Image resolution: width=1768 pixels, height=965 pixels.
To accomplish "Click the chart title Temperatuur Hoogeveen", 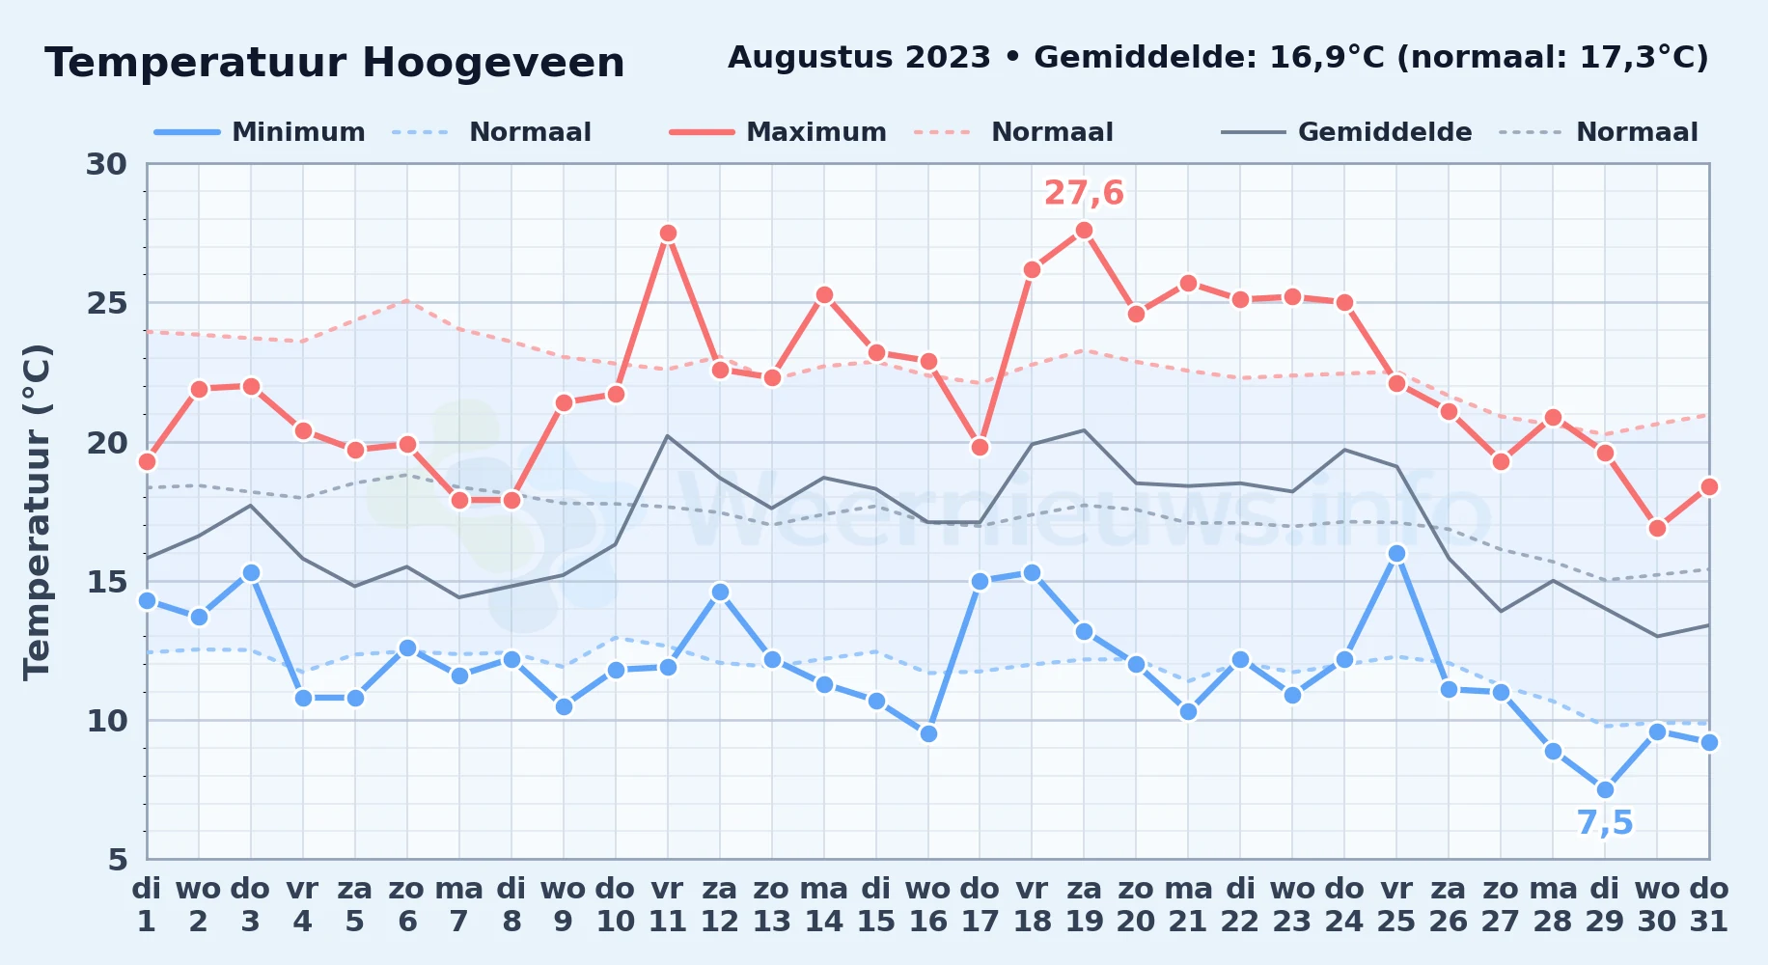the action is [x=335, y=64].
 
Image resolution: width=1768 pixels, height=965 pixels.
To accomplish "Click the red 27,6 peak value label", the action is [x=1084, y=193].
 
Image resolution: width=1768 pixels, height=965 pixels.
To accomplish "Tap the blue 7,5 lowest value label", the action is [x=1605, y=823].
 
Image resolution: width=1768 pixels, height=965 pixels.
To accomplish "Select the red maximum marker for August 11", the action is [x=668, y=234].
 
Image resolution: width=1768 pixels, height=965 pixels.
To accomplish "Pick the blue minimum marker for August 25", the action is [x=1396, y=554].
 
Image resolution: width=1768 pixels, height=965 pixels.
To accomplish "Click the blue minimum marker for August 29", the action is [x=1605, y=790].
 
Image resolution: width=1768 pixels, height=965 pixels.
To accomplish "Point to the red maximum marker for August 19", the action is [x=1084, y=231].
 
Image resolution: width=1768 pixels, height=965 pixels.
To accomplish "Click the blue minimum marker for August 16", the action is [x=928, y=734].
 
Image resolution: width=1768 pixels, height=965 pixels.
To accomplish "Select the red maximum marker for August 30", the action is [x=1657, y=529].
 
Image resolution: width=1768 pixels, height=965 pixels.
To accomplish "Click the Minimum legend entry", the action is [x=261, y=132].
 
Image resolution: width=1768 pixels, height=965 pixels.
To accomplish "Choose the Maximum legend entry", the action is [x=779, y=132].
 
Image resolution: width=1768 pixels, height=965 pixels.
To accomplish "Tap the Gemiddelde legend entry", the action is [x=1347, y=132].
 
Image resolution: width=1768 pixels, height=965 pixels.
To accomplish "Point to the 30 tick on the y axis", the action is [x=107, y=164].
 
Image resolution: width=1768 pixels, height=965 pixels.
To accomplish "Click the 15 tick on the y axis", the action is [x=107, y=582].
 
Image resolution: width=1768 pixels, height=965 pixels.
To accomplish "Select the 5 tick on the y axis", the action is [x=118, y=860].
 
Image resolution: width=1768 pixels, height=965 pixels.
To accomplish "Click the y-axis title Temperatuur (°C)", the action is [x=38, y=511].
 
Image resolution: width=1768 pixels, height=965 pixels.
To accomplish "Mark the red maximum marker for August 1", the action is [x=147, y=462].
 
